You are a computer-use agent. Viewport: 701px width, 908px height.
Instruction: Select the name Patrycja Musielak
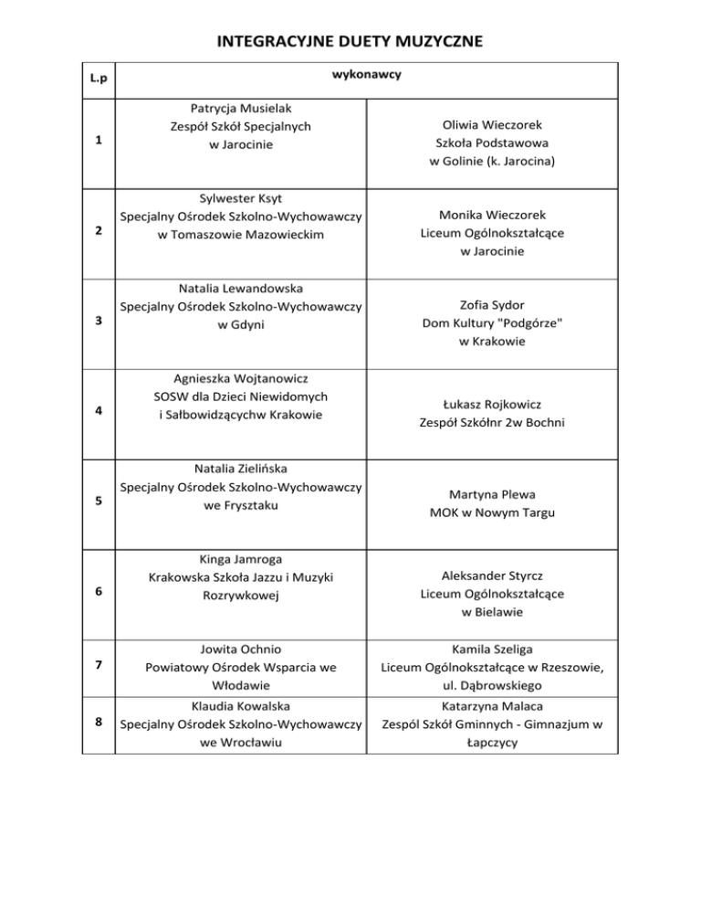pos(241,108)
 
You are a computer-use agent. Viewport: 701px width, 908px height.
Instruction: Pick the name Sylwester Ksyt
pos(241,196)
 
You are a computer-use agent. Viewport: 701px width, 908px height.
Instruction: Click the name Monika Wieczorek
pos(492,215)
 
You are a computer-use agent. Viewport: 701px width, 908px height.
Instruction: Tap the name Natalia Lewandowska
pos(241,288)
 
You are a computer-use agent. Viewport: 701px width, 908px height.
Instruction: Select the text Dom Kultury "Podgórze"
pos(492,323)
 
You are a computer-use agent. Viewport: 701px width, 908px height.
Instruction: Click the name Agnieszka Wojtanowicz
pos(241,377)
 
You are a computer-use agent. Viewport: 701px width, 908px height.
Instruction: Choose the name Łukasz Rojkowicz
pos(492,404)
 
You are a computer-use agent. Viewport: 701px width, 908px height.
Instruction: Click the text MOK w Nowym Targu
pos(492,512)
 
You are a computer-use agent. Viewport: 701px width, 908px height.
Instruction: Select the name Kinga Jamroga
pos(241,558)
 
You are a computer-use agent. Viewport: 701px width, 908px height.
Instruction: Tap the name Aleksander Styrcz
pos(492,575)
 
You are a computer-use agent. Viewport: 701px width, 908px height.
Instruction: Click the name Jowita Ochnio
pos(241,648)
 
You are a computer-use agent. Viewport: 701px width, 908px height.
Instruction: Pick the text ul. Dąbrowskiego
pos(492,684)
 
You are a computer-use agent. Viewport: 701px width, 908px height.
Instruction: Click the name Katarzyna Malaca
pos(492,706)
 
